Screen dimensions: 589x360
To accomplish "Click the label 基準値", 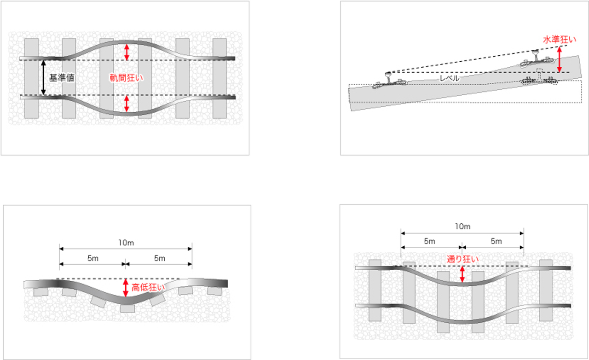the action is (62, 78).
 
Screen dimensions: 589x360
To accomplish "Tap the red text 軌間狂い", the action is (127, 78).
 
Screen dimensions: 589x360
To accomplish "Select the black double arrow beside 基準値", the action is (44, 78).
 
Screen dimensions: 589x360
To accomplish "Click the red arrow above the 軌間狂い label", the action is (127, 52).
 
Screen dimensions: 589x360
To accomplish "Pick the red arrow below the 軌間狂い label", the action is (127, 104).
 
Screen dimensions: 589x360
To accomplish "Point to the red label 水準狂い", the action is (559, 40).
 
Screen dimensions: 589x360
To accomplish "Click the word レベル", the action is (450, 78).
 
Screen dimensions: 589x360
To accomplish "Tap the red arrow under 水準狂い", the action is (560, 59).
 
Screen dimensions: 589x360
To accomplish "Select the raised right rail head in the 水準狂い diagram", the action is (535, 56).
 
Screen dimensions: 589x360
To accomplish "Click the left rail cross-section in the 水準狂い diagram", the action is (388, 78).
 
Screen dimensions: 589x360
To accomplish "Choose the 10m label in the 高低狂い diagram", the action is (126, 243).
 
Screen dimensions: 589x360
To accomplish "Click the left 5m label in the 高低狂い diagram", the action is (93, 258).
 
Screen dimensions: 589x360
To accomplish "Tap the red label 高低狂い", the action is (148, 287).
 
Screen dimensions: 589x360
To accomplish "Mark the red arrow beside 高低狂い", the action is (126, 288).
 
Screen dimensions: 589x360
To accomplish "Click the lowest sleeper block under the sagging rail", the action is (127, 308).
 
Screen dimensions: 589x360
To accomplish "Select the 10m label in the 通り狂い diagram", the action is (463, 226).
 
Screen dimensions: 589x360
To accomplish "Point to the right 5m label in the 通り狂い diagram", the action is (496, 241).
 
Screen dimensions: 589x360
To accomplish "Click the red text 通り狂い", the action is (462, 259).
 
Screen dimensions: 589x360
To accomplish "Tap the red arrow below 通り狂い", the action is (462, 274).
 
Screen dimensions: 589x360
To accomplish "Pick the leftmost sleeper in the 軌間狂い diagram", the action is (32, 78).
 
